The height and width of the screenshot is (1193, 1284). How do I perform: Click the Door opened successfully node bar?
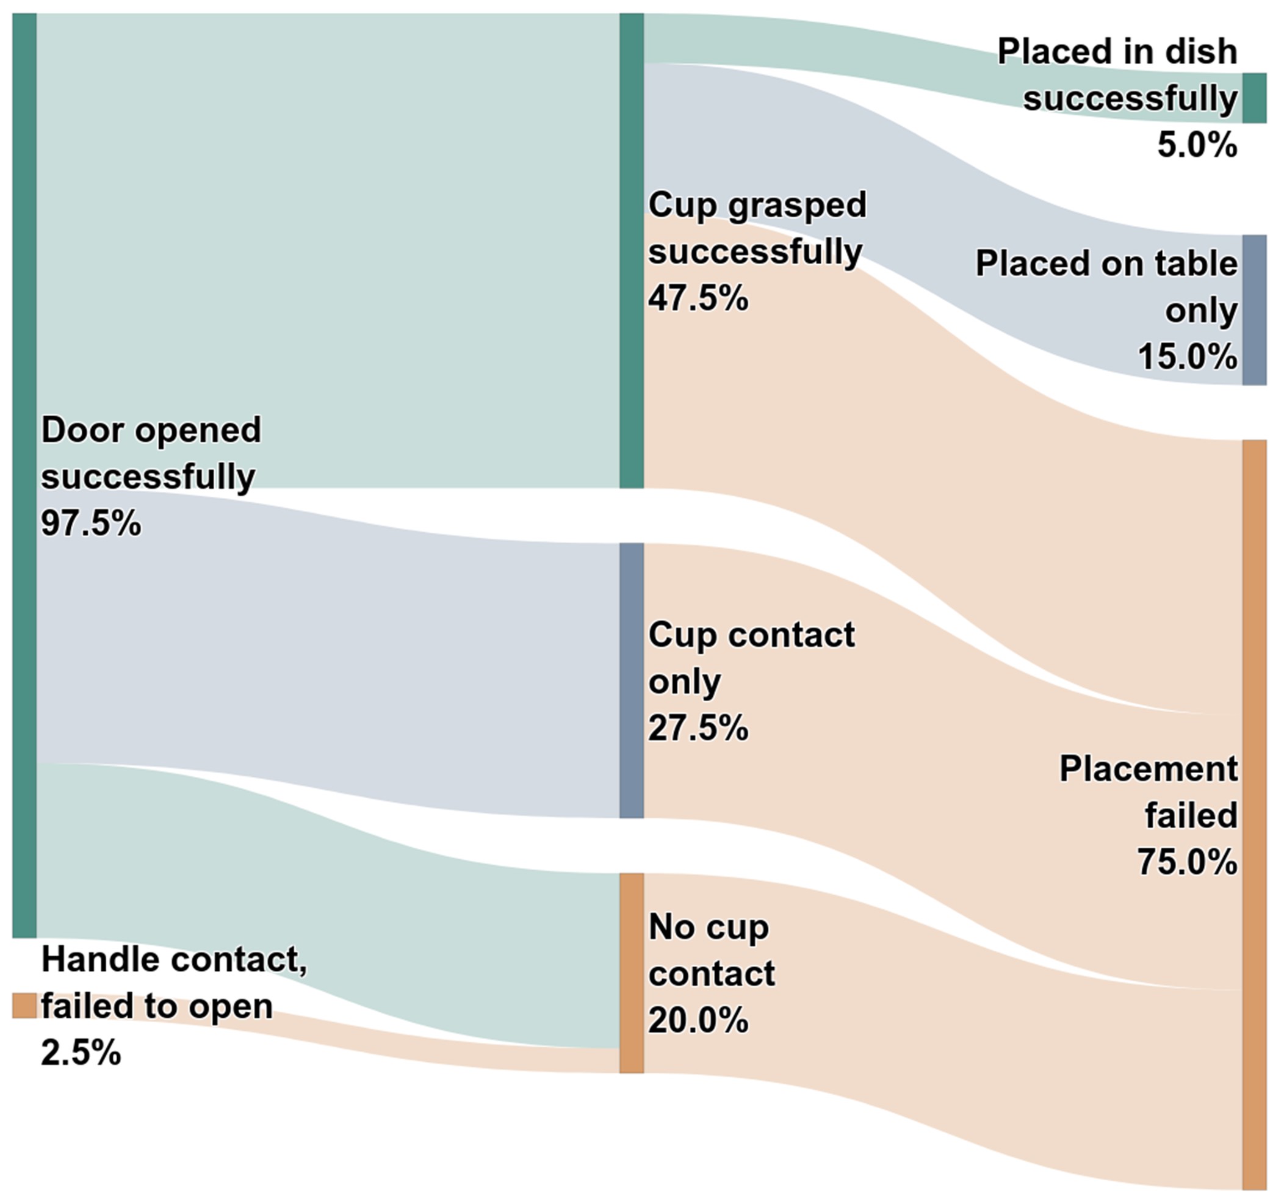(x=24, y=475)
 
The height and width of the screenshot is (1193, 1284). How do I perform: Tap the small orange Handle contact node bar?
(x=24, y=1005)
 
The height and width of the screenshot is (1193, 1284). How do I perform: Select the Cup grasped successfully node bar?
(x=632, y=250)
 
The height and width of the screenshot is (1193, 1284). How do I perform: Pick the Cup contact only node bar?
(x=632, y=680)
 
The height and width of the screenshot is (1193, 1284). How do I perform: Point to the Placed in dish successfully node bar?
(x=1253, y=98)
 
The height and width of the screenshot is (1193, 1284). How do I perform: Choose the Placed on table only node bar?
(x=1253, y=310)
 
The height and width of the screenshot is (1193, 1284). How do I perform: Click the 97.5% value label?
(x=91, y=523)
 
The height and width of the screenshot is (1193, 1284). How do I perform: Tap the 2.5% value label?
(x=81, y=1053)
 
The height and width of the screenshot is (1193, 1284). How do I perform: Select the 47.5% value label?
(x=698, y=298)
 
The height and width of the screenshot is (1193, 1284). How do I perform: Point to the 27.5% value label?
(x=698, y=728)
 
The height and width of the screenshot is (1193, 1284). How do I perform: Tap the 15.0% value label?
(x=1187, y=356)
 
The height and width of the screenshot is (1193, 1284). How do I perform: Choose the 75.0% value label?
(x=1187, y=862)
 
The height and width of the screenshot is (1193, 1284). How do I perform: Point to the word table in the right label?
(x=1202, y=264)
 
